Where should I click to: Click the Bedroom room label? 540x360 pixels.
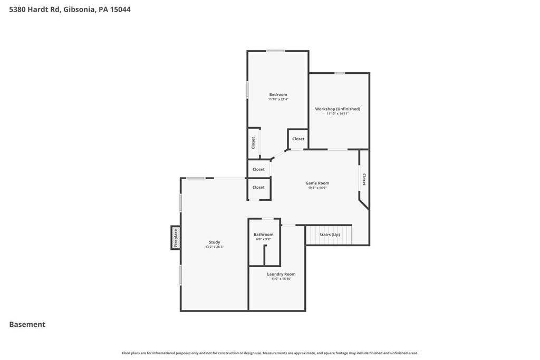[x=278, y=95]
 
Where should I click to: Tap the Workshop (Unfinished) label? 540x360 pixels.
[x=337, y=109]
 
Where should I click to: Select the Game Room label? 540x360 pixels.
[x=317, y=183]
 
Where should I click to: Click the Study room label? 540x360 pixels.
[x=214, y=242]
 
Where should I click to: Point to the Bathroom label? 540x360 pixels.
[x=264, y=235]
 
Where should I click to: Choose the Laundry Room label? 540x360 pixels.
[x=281, y=274]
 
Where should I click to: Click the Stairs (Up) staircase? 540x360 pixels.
[x=329, y=235]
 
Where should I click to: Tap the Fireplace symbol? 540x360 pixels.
[x=176, y=238]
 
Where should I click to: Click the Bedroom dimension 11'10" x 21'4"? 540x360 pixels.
[x=278, y=99]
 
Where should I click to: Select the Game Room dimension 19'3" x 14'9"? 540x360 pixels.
[x=317, y=188]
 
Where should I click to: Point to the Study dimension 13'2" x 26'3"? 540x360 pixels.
[x=214, y=247]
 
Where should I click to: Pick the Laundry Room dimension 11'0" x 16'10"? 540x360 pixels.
[x=281, y=279]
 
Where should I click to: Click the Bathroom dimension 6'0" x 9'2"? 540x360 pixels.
[x=264, y=239]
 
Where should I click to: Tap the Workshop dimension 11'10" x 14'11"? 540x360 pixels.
[x=337, y=113]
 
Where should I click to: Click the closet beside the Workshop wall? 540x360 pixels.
[x=298, y=139]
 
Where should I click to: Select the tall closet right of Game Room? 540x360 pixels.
[x=364, y=179]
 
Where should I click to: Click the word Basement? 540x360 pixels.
[x=27, y=324]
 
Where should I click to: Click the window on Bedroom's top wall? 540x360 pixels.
[x=275, y=51]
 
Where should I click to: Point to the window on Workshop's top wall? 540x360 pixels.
[x=340, y=73]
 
